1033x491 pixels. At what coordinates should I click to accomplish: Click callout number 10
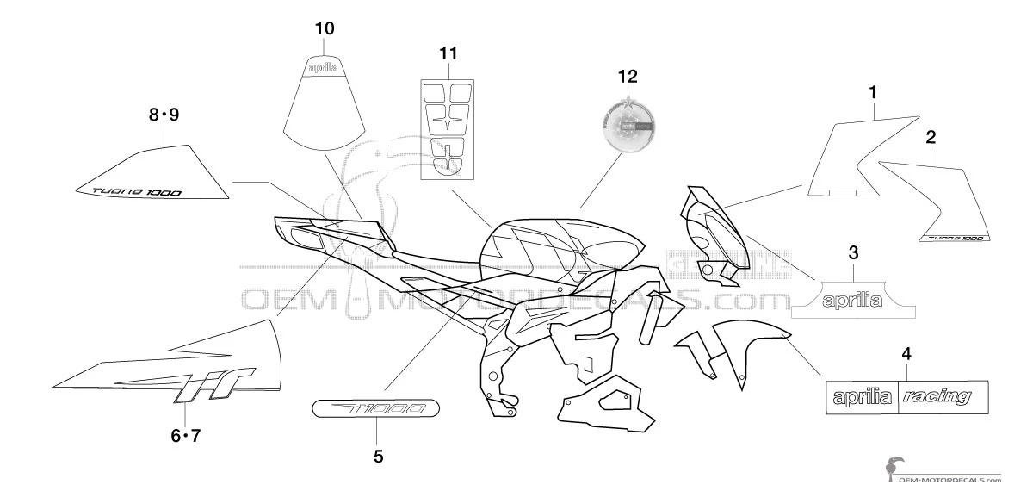(x=325, y=28)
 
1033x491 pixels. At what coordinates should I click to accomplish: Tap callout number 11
(x=448, y=54)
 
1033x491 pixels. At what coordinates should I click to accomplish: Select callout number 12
(x=628, y=76)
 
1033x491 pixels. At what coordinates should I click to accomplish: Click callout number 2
(x=931, y=136)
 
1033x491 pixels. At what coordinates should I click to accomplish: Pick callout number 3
(x=853, y=252)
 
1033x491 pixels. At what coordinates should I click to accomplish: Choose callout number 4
(x=906, y=353)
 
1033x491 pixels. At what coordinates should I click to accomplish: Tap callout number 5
(x=378, y=457)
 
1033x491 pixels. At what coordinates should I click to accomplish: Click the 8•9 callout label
(x=164, y=115)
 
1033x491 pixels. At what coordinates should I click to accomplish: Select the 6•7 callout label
(x=184, y=436)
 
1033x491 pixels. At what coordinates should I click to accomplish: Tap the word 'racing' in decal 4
(x=939, y=397)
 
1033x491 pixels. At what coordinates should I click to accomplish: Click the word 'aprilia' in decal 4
(x=862, y=398)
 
